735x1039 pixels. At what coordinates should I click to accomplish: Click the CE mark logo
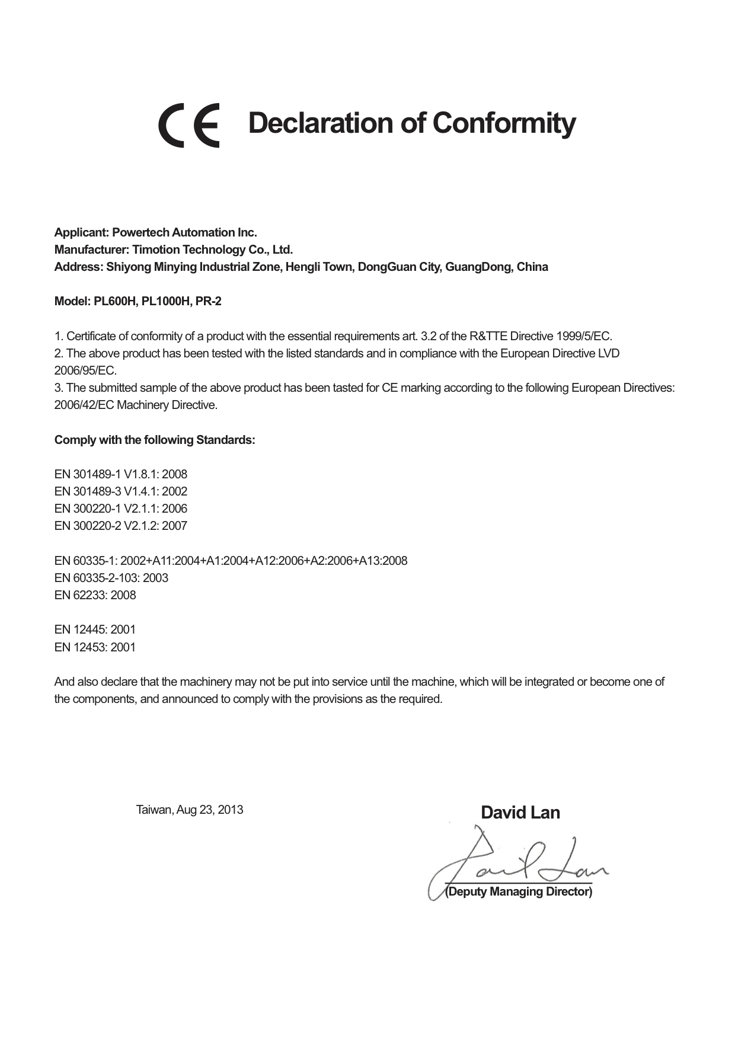188,125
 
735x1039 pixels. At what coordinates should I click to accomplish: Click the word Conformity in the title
503,123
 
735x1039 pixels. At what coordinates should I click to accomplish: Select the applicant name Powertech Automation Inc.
184,232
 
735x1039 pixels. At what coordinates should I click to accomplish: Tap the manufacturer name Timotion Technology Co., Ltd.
212,250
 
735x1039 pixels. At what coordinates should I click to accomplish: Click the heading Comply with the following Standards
155,440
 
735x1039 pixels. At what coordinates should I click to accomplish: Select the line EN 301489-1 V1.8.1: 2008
121,474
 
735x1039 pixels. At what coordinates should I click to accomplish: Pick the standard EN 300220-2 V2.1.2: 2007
121,526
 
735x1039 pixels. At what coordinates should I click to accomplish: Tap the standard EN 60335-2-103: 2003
111,578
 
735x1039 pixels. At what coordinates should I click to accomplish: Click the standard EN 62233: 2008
95,595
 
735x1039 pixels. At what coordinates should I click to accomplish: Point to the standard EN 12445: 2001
95,629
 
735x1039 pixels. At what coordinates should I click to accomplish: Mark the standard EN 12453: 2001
95,647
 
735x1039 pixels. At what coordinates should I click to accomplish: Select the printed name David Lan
520,812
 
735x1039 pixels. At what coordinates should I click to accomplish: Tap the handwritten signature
516,862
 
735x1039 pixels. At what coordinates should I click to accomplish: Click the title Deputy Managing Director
519,891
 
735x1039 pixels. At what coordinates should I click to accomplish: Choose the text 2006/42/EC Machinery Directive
136,405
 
